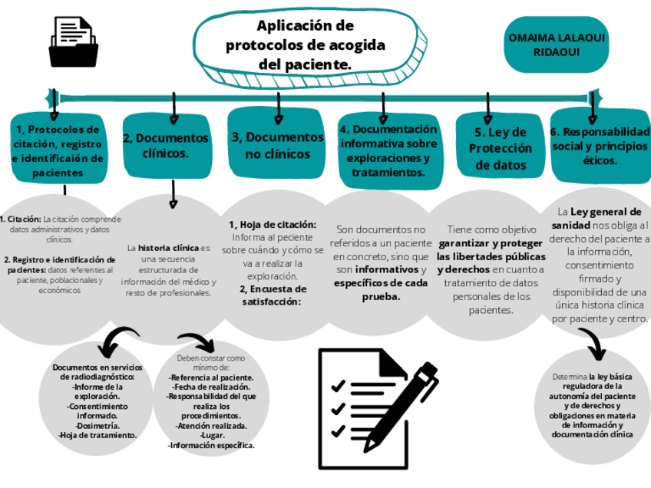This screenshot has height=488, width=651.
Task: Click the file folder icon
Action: [x=73, y=43]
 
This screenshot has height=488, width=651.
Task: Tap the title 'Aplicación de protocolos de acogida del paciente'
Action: [x=306, y=46]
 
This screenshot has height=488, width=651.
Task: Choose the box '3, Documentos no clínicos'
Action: [x=278, y=145]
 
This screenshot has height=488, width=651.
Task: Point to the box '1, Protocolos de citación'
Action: [x=58, y=151]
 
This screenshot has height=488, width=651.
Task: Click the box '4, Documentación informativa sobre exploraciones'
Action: [x=388, y=151]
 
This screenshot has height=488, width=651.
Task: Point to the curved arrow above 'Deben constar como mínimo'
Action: [x=197, y=342]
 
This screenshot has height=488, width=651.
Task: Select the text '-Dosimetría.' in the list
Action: [x=97, y=425]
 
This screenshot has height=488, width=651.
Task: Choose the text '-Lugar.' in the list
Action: [x=211, y=435]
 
